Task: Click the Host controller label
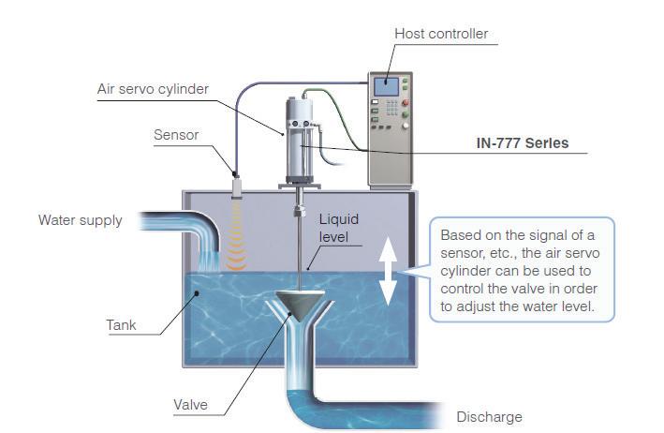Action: pyautogui.click(x=440, y=35)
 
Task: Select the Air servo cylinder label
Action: pyautogui.click(x=153, y=90)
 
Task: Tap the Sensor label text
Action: pyautogui.click(x=176, y=135)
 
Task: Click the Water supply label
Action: pyautogui.click(x=80, y=221)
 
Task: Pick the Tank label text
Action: pyautogui.click(x=121, y=326)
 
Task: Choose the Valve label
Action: pyautogui.click(x=190, y=406)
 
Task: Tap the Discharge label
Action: pyautogui.click(x=489, y=417)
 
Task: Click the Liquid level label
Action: pyautogui.click(x=338, y=228)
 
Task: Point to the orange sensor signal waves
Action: pyautogui.click(x=237, y=246)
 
